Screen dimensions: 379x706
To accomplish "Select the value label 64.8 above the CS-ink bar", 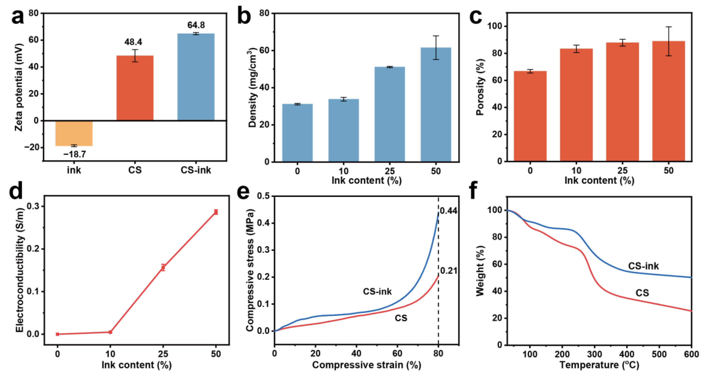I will coord(196,25).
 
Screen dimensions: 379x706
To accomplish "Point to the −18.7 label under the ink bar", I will coord(75,155).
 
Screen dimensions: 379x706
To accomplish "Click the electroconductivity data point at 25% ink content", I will coord(163,267).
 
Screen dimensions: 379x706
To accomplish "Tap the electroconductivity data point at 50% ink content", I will coord(216,212).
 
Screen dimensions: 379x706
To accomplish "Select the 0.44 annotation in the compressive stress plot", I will coord(449,211).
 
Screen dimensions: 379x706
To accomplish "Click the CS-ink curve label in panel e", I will coord(377,291).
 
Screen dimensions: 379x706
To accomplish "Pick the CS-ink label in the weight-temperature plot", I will coord(643,266).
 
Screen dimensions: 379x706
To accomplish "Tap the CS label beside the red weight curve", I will coord(642,293).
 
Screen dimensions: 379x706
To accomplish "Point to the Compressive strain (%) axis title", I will coord(366,365).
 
